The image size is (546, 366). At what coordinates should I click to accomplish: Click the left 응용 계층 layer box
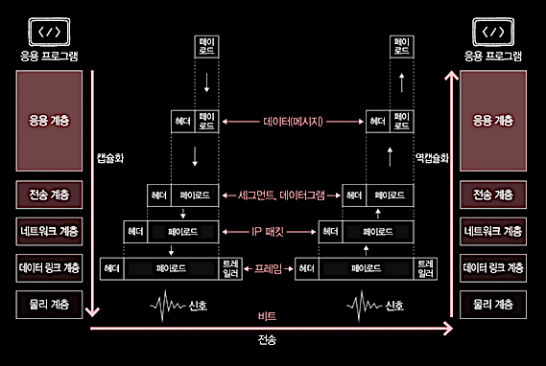click(49, 121)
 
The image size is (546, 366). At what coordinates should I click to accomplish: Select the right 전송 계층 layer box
click(493, 194)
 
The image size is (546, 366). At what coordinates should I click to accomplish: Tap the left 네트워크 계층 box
click(49, 232)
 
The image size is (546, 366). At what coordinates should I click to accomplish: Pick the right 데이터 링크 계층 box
click(493, 268)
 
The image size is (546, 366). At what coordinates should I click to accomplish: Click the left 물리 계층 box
click(49, 305)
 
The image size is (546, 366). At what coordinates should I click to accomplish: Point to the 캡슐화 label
click(110, 158)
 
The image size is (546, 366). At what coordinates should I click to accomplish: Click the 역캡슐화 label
click(432, 158)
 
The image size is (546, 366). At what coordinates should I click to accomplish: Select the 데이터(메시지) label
click(294, 122)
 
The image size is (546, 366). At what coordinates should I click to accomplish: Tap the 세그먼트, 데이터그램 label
click(281, 195)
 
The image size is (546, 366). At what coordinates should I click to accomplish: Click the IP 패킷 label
click(268, 232)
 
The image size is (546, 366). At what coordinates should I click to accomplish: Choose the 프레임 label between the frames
click(268, 268)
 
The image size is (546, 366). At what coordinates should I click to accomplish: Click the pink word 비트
click(268, 316)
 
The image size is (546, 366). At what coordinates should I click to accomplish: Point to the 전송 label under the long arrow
click(268, 339)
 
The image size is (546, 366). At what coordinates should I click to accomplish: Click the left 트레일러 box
click(230, 268)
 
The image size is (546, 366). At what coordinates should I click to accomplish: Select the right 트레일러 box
click(425, 268)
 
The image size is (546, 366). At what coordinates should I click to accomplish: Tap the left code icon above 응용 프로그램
click(49, 33)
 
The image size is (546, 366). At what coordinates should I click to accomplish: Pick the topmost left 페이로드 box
click(207, 47)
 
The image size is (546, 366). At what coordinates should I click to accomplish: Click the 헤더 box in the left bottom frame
click(111, 268)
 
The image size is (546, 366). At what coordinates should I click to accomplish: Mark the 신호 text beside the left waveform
click(198, 306)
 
